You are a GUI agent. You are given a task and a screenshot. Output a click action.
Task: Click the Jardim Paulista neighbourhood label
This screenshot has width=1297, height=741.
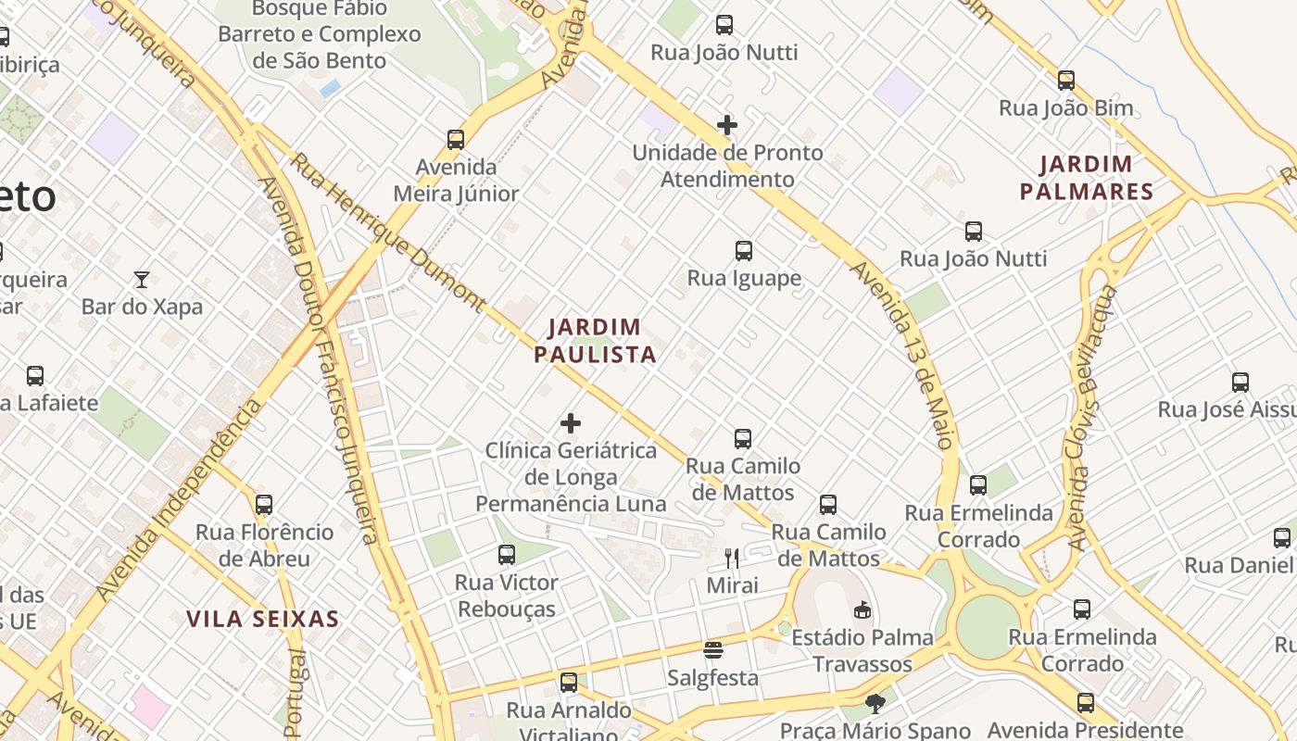pyautogui.click(x=595, y=340)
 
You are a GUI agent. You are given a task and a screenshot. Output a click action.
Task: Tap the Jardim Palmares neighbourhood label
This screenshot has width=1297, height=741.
pyautogui.click(x=1086, y=178)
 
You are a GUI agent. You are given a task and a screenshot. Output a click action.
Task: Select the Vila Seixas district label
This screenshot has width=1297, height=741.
pyautogui.click(x=262, y=619)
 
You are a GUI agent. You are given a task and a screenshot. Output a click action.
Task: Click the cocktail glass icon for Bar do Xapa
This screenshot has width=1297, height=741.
pyautogui.click(x=142, y=279)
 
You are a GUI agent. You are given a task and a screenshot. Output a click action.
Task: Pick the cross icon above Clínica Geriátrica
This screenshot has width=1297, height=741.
pyautogui.click(x=571, y=423)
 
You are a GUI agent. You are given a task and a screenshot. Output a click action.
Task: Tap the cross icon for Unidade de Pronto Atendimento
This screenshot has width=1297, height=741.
pyautogui.click(x=727, y=125)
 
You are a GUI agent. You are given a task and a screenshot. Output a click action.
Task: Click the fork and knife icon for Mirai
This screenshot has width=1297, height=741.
pyautogui.click(x=732, y=558)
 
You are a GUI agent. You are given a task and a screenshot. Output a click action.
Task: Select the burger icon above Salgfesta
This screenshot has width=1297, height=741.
pyautogui.click(x=712, y=650)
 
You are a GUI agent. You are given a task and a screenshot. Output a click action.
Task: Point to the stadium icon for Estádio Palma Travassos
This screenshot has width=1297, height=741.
pyautogui.click(x=863, y=609)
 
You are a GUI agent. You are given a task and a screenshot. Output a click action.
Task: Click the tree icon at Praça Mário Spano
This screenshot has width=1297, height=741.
pyautogui.click(x=875, y=704)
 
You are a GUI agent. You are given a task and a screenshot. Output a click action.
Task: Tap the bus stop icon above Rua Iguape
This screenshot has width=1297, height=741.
pyautogui.click(x=743, y=251)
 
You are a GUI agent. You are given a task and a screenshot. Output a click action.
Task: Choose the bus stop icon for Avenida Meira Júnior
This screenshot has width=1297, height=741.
pyautogui.click(x=456, y=140)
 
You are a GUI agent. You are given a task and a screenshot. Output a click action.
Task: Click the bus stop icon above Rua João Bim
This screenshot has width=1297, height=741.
pyautogui.click(x=1066, y=81)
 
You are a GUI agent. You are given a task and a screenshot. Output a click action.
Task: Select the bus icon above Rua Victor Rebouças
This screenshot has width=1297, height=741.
pyautogui.click(x=507, y=555)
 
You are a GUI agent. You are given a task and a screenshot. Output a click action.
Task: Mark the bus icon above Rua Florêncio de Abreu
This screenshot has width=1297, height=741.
pyautogui.click(x=264, y=505)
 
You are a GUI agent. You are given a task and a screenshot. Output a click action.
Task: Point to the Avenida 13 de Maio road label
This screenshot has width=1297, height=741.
pyautogui.click(x=902, y=355)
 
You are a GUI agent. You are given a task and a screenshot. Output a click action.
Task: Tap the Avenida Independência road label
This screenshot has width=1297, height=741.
pyautogui.click(x=179, y=500)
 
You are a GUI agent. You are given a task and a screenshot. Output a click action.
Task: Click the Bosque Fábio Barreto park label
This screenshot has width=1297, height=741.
pyautogui.click(x=319, y=34)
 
